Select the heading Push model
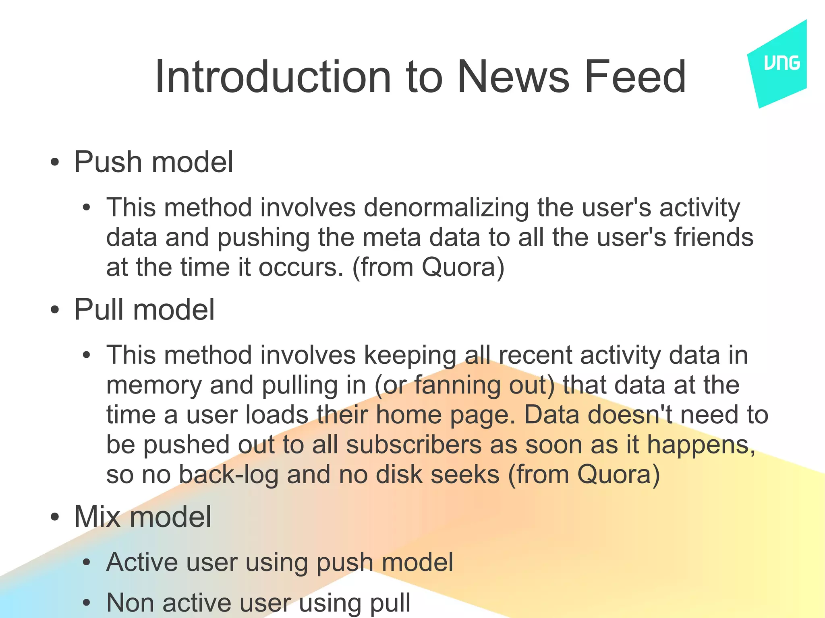153,162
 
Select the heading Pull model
144,309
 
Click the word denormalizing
446,208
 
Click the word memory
153,385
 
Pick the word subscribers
414,445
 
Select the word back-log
228,475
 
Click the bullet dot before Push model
55,163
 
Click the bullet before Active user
86,563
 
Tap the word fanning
457,385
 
